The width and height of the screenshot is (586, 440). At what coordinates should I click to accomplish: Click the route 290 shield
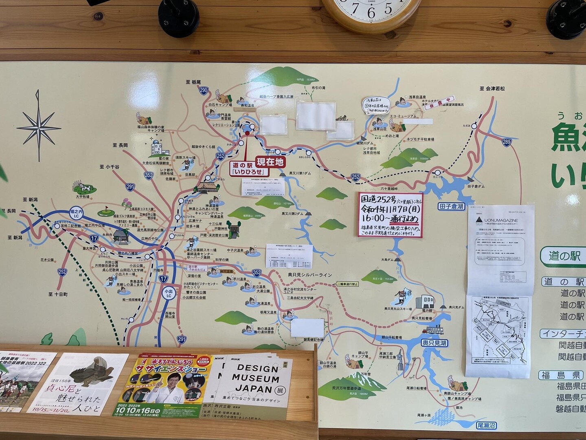(x=204, y=91)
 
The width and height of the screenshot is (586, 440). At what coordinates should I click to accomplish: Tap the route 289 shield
(x=506, y=142)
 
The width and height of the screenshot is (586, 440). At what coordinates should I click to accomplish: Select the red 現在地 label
(x=269, y=162)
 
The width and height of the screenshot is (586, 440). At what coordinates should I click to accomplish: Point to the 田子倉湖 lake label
(x=451, y=206)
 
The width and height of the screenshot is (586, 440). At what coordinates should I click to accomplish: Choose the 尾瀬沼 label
(x=486, y=426)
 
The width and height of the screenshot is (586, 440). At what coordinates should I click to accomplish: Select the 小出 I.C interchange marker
(x=168, y=294)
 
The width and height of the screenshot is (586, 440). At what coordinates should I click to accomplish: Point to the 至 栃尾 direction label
(x=193, y=82)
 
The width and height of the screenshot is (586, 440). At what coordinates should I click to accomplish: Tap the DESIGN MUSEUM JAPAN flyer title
(x=252, y=379)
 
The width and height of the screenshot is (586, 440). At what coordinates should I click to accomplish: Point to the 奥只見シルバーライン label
(x=309, y=275)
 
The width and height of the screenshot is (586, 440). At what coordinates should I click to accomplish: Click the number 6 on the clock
(x=371, y=13)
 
